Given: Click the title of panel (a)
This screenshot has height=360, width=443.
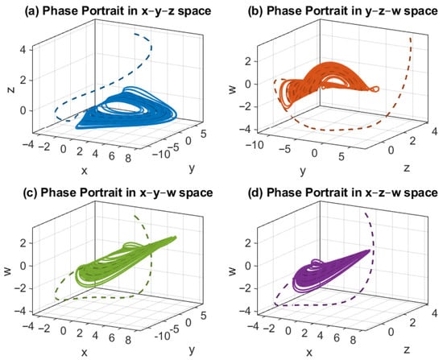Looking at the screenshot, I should (x=111, y=10).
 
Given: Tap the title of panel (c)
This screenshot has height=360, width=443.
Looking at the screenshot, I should (x=111, y=194).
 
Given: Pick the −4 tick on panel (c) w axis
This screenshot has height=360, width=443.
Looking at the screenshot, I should (x=23, y=310).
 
